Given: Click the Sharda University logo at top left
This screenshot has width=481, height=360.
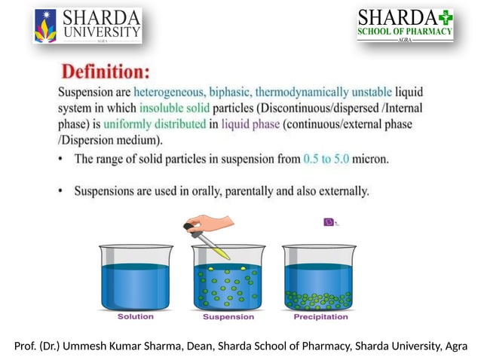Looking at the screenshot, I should click(x=87, y=26).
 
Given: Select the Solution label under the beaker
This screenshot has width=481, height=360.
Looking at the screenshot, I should click(x=136, y=317).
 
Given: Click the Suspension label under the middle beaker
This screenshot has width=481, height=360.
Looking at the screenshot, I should click(x=228, y=317).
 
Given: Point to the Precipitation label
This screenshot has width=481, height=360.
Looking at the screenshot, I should click(x=320, y=317).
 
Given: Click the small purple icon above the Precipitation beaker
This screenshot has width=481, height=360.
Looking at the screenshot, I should click(x=329, y=221).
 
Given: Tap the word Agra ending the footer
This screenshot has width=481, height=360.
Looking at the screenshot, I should click(x=455, y=346).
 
